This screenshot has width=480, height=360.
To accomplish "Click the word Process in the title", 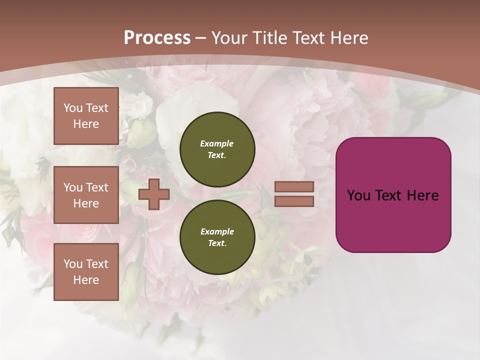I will pyautogui.click(x=157, y=38).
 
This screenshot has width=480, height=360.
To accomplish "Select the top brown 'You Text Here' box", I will pyautogui.click(x=86, y=116).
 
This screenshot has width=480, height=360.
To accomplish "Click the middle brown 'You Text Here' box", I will pyautogui.click(x=86, y=195).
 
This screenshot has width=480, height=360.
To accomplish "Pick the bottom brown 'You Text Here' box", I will pyautogui.click(x=86, y=272).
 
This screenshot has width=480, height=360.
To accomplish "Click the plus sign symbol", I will pyautogui.click(x=153, y=194).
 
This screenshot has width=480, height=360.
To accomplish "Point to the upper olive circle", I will pyautogui.click(x=217, y=149).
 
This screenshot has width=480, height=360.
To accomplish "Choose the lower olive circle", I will pyautogui.click(x=217, y=237).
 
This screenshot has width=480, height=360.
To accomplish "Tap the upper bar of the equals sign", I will pyautogui.click(x=294, y=186).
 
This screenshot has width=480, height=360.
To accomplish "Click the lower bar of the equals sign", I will pyautogui.click(x=294, y=201).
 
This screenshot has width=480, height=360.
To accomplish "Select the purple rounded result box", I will pyautogui.click(x=393, y=195).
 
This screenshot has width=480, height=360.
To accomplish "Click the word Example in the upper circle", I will pyautogui.click(x=217, y=143).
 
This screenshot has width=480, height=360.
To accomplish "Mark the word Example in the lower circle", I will pyautogui.click(x=217, y=231).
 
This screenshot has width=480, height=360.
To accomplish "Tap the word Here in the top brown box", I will pyautogui.click(x=86, y=124).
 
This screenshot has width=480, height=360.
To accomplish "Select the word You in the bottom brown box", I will pyautogui.click(x=72, y=264).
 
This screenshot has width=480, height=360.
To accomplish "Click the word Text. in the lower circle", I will pyautogui.click(x=217, y=243).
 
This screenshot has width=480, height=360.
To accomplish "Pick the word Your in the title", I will pyautogui.click(x=229, y=38).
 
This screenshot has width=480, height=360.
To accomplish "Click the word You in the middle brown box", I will pyautogui.click(x=72, y=187).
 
